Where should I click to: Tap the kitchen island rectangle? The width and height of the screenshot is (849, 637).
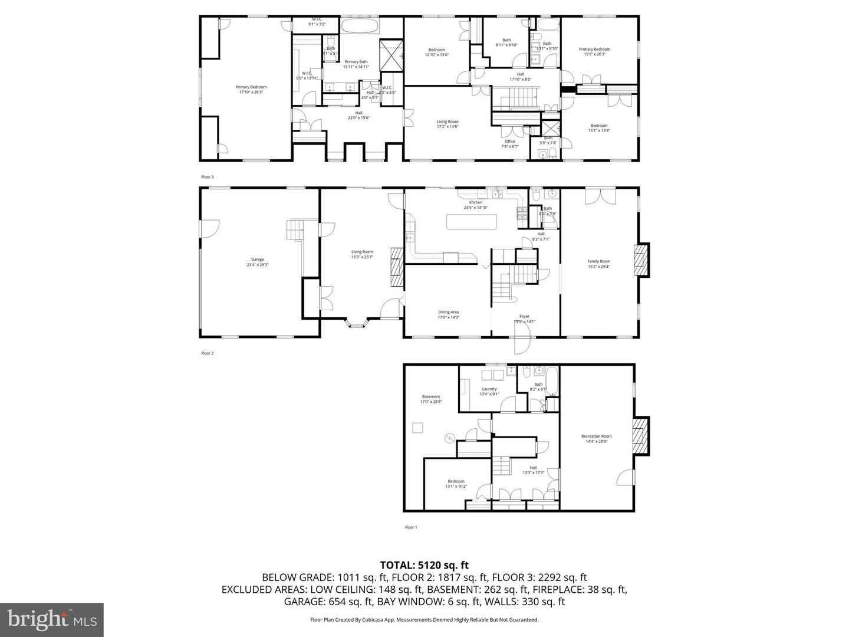pyautogui.click(x=472, y=222)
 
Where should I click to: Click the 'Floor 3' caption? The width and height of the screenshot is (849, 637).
pyautogui.click(x=208, y=177)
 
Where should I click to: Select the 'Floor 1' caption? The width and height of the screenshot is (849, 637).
pyautogui.click(x=411, y=527)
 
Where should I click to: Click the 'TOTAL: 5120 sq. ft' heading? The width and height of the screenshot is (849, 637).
pyautogui.click(x=424, y=566)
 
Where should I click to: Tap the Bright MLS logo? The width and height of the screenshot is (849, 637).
pyautogui.click(x=52, y=619)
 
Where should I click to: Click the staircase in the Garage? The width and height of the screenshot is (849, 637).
pyautogui.click(x=295, y=229)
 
